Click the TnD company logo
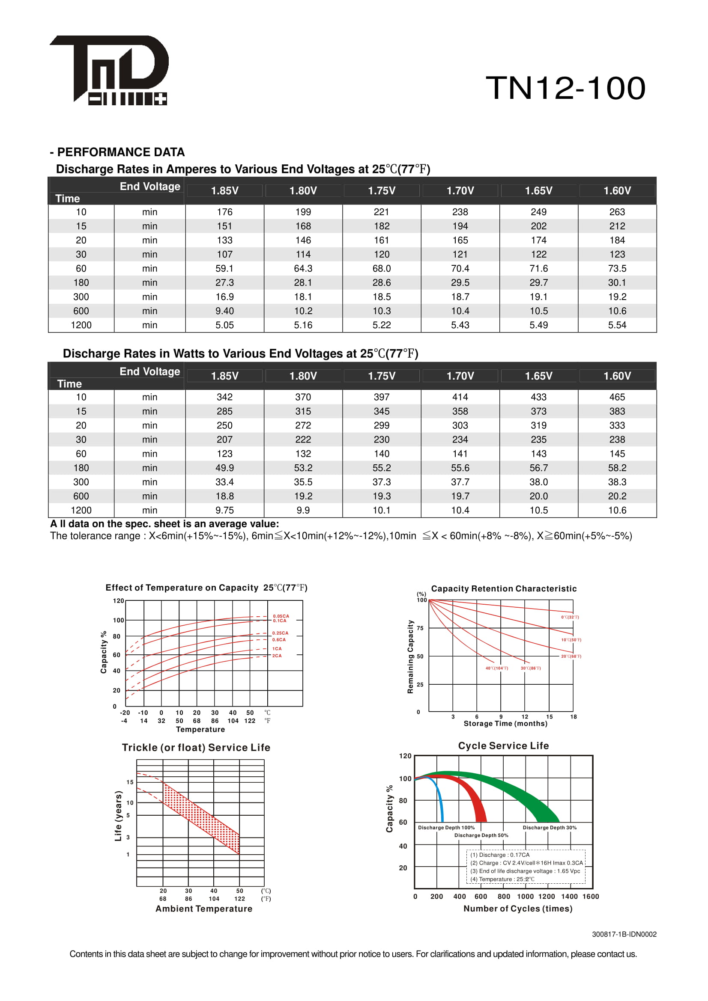point(109,70)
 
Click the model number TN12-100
point(565,88)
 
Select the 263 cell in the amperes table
point(617,212)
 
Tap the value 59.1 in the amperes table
point(224,269)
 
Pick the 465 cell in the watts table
point(617,397)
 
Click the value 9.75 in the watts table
point(224,510)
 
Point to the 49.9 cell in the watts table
point(224,468)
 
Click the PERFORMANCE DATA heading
point(121,152)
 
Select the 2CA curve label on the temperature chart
point(277,656)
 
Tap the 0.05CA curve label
point(281,616)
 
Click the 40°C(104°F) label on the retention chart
point(497,668)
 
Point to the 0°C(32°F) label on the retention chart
point(570,618)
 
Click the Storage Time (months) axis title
point(505,724)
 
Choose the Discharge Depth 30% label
point(550,828)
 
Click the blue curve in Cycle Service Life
point(440,802)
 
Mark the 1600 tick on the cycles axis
point(591,897)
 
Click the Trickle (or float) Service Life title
point(196,748)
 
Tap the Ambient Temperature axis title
point(204,909)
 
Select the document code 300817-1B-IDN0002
point(624,934)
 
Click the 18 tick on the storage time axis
point(573,717)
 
